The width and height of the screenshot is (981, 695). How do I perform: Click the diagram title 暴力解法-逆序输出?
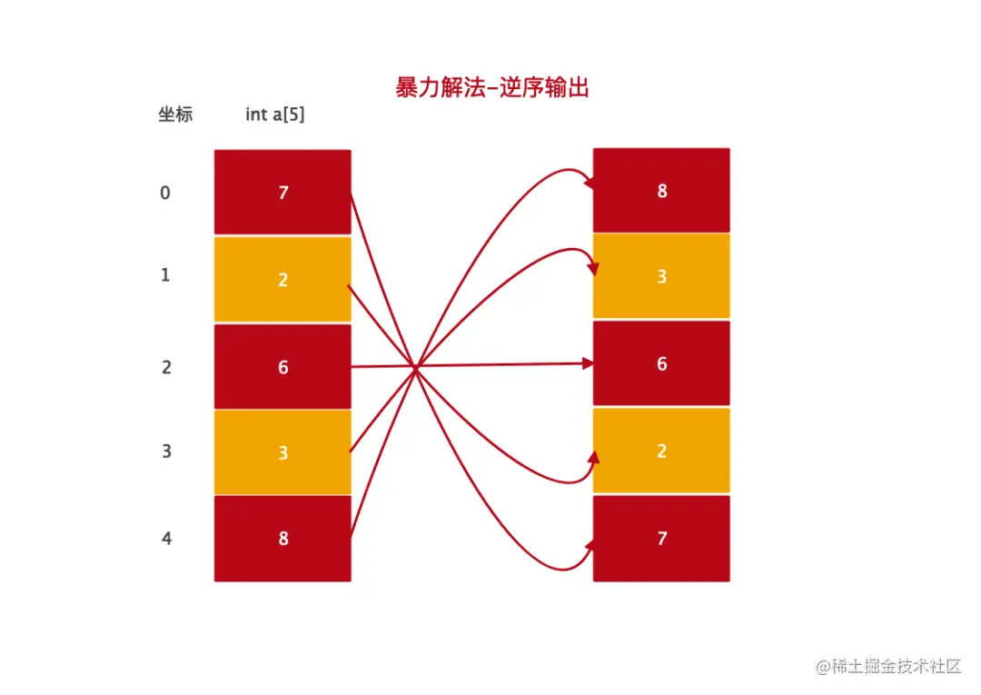pyautogui.click(x=492, y=88)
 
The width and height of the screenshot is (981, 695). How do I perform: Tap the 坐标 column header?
pyautogui.click(x=175, y=115)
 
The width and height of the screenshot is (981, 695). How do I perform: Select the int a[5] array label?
pyautogui.click(x=274, y=115)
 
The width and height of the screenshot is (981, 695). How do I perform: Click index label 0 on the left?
pyautogui.click(x=165, y=193)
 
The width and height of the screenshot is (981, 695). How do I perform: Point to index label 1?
pyautogui.click(x=165, y=274)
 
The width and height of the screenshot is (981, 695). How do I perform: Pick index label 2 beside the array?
pyautogui.click(x=165, y=367)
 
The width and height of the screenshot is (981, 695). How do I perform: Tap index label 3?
pyautogui.click(x=166, y=451)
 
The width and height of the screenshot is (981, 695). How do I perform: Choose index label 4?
pyautogui.click(x=166, y=538)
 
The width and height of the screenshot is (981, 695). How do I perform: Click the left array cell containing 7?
pyautogui.click(x=282, y=193)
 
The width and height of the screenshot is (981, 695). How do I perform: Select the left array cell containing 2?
pyautogui.click(x=282, y=280)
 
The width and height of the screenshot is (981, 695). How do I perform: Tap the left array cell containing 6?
pyautogui.click(x=282, y=366)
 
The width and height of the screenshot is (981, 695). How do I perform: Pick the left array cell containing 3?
pyautogui.click(x=282, y=452)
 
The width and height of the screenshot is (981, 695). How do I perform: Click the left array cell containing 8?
pyautogui.click(x=282, y=538)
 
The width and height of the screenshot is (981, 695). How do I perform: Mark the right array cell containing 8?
pyautogui.click(x=661, y=191)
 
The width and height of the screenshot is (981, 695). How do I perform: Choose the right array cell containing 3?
pyautogui.click(x=661, y=276)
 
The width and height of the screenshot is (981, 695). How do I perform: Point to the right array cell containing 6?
pyautogui.click(x=661, y=363)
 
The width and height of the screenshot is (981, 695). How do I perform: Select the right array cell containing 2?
pyautogui.click(x=661, y=451)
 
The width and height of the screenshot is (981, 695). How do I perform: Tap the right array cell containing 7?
pyautogui.click(x=661, y=538)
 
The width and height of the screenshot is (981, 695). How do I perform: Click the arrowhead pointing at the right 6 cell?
pyautogui.click(x=588, y=363)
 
